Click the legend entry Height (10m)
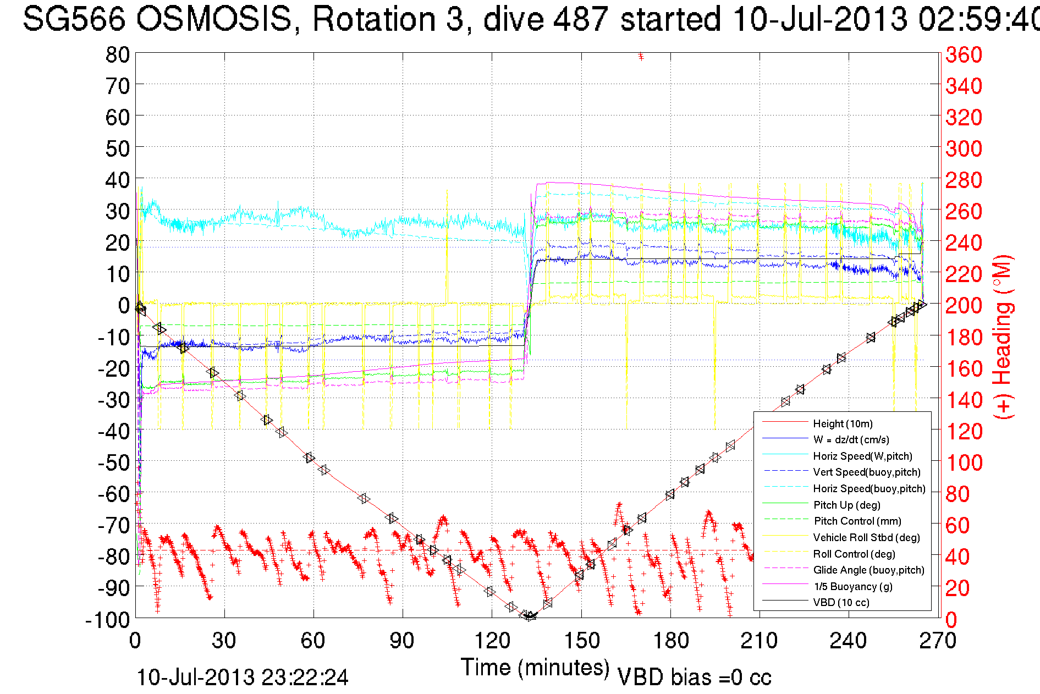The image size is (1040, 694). [x=843, y=423]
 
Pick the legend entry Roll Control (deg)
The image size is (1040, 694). [x=854, y=554]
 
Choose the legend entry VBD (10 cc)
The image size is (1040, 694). [x=841, y=603]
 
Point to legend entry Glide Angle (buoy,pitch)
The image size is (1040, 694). [x=869, y=570]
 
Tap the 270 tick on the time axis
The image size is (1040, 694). [x=938, y=641]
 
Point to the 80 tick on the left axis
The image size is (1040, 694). [x=117, y=54]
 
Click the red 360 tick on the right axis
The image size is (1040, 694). [x=964, y=54]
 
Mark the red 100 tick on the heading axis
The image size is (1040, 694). [x=964, y=462]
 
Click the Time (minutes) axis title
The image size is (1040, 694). [x=535, y=668]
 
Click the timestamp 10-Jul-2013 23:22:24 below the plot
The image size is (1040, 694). [x=242, y=678]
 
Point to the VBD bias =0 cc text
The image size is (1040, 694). [x=694, y=678]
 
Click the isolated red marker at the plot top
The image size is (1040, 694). [x=641, y=56]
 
